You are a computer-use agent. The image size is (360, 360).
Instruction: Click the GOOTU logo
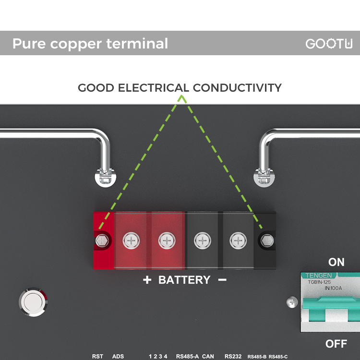[x=329, y=44]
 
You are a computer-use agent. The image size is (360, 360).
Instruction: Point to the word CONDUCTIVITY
[x=237, y=88]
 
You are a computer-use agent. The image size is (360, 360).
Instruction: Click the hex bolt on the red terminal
[x=102, y=240]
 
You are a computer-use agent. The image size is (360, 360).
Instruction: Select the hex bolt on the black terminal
[x=267, y=240]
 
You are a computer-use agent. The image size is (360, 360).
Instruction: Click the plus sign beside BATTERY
[x=147, y=280]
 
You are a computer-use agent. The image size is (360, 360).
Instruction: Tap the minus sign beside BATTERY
[x=222, y=280]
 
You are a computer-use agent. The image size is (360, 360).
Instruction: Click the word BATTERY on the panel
[x=184, y=280]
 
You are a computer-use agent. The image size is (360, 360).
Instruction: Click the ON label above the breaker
[x=336, y=262]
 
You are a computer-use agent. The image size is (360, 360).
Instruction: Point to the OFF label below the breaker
[x=336, y=344]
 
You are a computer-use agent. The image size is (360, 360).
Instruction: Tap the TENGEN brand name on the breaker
[x=318, y=276]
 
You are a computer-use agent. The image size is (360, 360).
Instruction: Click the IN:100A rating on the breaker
[x=333, y=288]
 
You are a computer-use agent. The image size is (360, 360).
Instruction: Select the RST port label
[x=97, y=356]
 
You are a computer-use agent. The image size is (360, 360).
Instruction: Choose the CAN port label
[x=208, y=356]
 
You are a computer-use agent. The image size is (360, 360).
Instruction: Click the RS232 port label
[x=233, y=356]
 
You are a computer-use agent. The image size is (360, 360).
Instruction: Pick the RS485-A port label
[x=187, y=356]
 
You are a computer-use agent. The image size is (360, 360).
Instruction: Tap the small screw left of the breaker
[x=292, y=302]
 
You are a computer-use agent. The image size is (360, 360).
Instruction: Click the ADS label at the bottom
[x=118, y=356]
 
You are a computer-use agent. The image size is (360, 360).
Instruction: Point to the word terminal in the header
[x=137, y=43]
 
